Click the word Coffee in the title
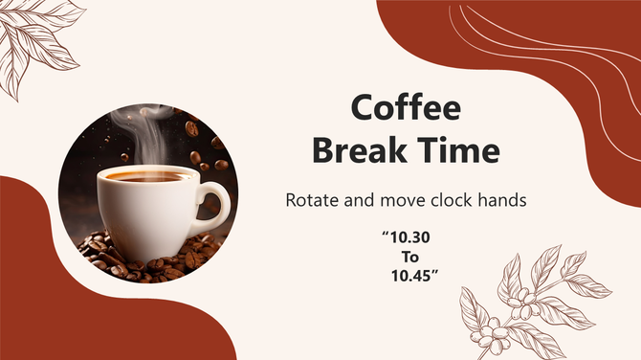406,107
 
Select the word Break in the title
360,149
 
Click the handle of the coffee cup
217,204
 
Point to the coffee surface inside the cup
144,176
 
